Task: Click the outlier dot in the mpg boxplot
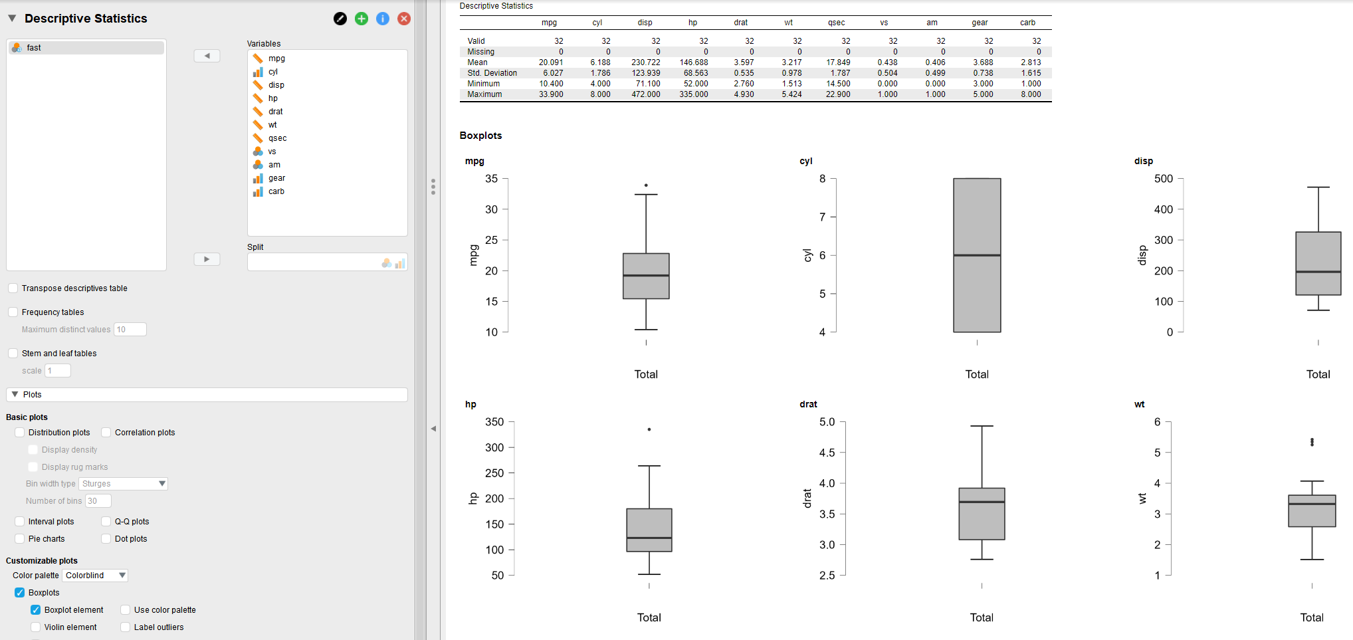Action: pyautogui.click(x=646, y=185)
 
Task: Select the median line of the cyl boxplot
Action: pyautogui.click(x=977, y=255)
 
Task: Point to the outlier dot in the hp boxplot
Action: pyautogui.click(x=649, y=429)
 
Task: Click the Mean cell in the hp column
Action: pyautogui.click(x=694, y=62)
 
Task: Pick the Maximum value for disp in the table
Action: pyautogui.click(x=646, y=94)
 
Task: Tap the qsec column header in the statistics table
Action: pyautogui.click(x=836, y=23)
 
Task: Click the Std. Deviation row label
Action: pyautogui.click(x=492, y=73)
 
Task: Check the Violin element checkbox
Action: pyautogui.click(x=36, y=627)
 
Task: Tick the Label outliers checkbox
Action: pyautogui.click(x=126, y=627)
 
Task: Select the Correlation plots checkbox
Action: pyautogui.click(x=106, y=433)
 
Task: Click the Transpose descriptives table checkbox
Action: pyautogui.click(x=13, y=288)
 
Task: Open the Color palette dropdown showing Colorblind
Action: pyautogui.click(x=96, y=576)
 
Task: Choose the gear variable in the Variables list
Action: pyautogui.click(x=276, y=178)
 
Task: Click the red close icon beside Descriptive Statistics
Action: pyautogui.click(x=403, y=19)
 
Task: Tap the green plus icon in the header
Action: pyautogui.click(x=362, y=19)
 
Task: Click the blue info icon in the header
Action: pyautogui.click(x=383, y=19)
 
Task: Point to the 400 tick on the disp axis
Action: pyautogui.click(x=1164, y=209)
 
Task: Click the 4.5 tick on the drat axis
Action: pyautogui.click(x=827, y=453)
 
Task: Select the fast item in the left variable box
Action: pyautogui.click(x=34, y=48)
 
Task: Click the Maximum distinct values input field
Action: pyautogui.click(x=130, y=330)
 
